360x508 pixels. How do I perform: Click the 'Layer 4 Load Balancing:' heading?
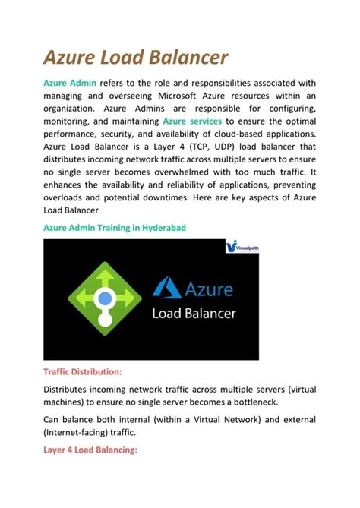point(89,450)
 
